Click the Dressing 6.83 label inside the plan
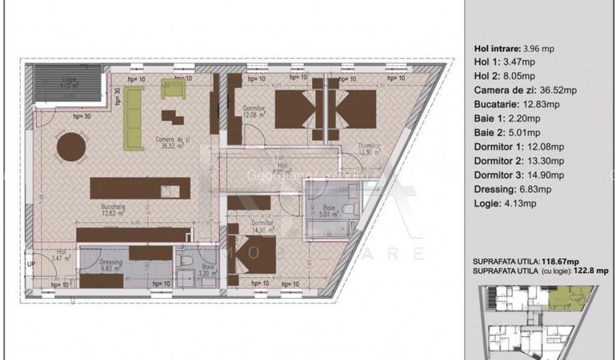pos(110,266)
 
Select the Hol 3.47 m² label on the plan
pos(62,255)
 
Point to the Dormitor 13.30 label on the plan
pos(369,150)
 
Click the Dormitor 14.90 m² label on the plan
pos(261,226)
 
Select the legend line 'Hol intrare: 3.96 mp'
pos(514,49)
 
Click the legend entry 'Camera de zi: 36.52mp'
pos(525,90)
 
